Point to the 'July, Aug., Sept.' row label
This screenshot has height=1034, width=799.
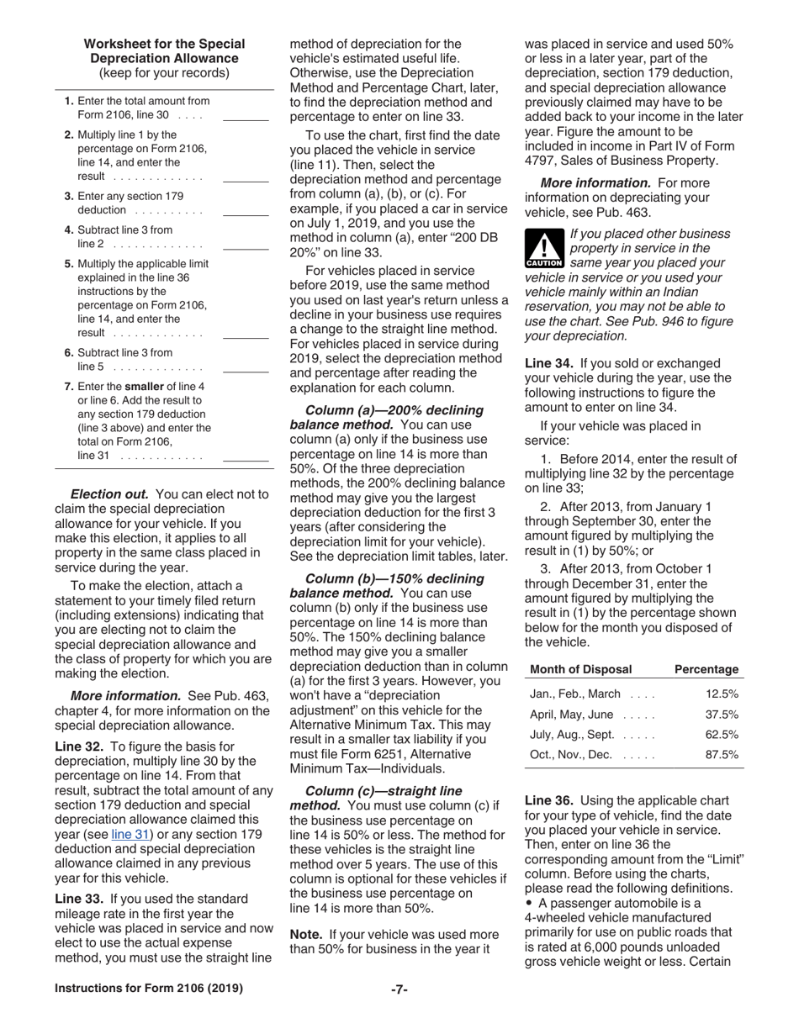click(x=571, y=735)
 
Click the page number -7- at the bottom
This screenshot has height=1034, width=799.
click(x=399, y=989)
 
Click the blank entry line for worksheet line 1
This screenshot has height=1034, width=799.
click(x=246, y=119)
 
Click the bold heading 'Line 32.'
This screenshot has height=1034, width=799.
click(x=80, y=746)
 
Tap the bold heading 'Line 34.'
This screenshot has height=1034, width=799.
click(x=549, y=363)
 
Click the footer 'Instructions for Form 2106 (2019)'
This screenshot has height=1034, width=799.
click(x=149, y=989)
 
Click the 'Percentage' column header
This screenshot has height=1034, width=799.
click(x=706, y=669)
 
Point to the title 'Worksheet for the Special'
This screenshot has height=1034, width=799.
click(x=165, y=44)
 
